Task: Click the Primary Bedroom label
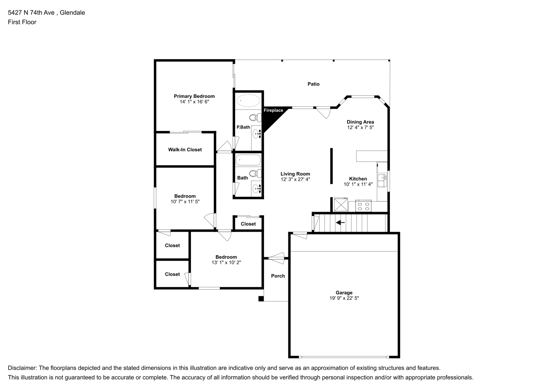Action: tap(194, 96)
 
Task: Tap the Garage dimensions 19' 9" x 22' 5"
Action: tap(344, 298)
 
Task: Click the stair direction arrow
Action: tap(340, 223)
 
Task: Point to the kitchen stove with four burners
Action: tap(363, 206)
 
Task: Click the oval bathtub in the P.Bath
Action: tap(248, 100)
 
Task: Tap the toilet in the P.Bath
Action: tap(255, 118)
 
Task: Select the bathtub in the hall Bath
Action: tap(248, 160)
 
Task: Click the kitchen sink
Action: tap(382, 181)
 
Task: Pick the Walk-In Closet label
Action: tap(185, 150)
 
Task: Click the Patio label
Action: tap(313, 84)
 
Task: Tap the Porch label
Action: tap(278, 276)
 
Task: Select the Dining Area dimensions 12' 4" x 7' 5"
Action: tap(360, 127)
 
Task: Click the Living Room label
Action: tap(295, 174)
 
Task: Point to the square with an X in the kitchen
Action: tap(341, 204)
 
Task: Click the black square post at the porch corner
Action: tap(261, 299)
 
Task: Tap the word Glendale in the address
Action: tap(72, 13)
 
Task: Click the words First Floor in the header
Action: tap(22, 22)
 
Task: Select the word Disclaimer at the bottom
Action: tap(22, 368)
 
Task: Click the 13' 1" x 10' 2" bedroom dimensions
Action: tap(226, 263)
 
